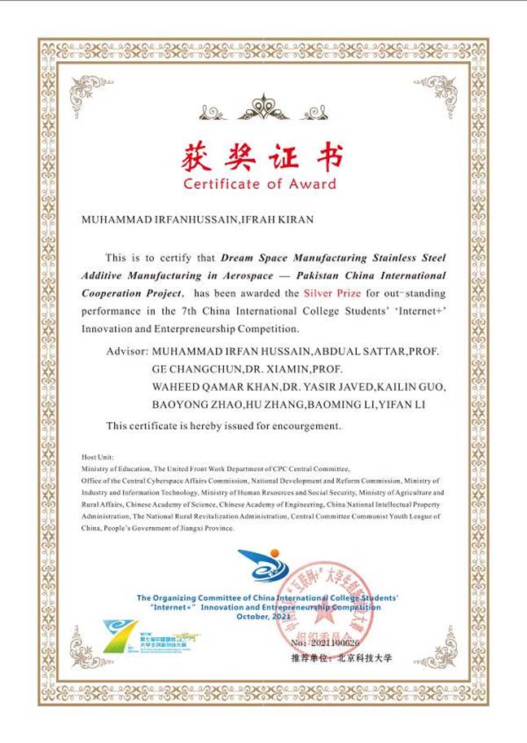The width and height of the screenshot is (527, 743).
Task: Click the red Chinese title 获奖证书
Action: [262, 155]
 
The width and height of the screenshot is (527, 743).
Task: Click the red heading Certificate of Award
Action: [259, 184]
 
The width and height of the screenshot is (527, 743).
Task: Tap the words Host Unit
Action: [98, 456]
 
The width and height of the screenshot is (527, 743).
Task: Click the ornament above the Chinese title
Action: [262, 107]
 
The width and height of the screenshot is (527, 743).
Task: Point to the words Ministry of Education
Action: [116, 469]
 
